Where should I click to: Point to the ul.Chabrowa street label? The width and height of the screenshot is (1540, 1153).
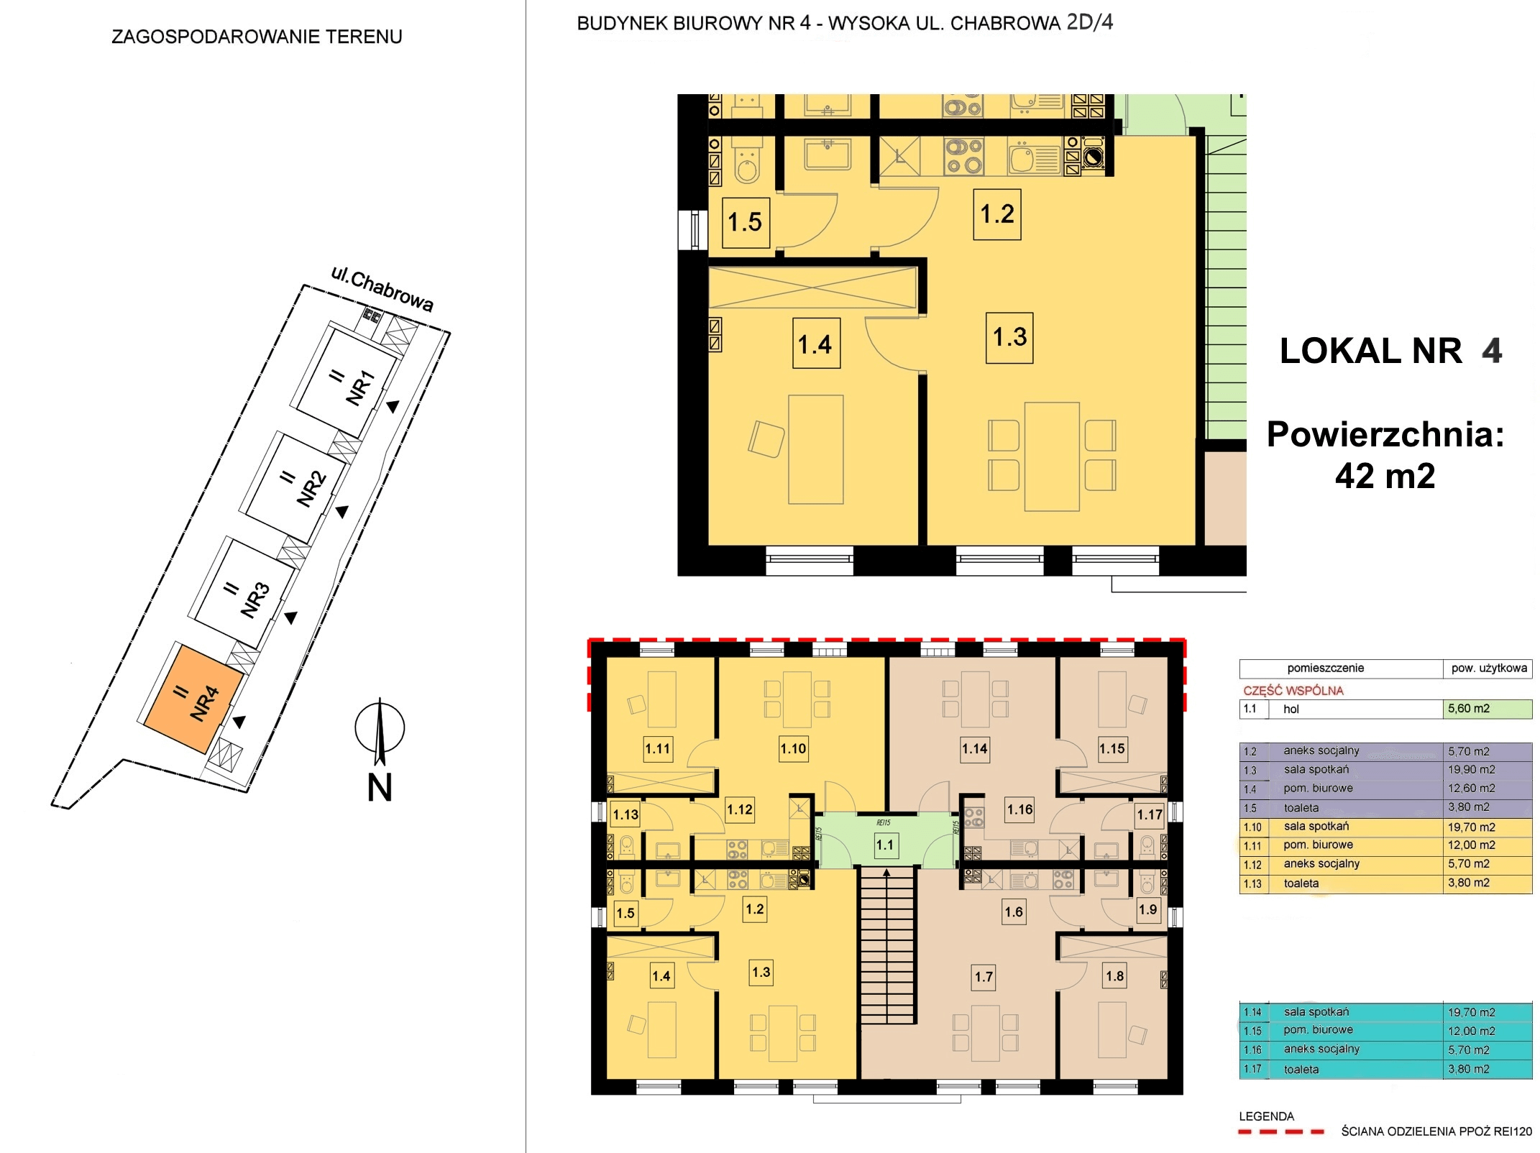point(382,289)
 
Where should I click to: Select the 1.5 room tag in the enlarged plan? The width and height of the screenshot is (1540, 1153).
point(746,223)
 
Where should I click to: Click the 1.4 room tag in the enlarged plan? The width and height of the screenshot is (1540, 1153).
point(816,344)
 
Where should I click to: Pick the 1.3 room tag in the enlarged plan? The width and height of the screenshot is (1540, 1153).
point(1009,337)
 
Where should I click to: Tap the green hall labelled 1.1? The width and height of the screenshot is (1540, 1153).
point(884,841)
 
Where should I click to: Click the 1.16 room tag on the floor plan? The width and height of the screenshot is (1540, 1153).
point(1019,809)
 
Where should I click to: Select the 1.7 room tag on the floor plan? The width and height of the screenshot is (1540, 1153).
point(984,977)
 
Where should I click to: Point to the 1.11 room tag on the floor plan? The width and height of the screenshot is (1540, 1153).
point(657,748)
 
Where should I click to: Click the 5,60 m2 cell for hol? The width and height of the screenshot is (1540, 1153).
point(1487,709)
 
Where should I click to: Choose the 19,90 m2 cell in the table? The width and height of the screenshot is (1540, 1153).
point(1487,770)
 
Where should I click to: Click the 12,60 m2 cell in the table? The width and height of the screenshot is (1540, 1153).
point(1487,789)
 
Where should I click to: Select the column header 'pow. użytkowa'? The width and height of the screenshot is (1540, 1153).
point(1488,669)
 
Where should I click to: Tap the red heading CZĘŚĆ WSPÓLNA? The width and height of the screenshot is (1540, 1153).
point(1293,691)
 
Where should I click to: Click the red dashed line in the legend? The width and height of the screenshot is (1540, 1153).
point(1281,1132)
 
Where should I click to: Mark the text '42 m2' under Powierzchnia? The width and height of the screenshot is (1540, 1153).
point(1385,476)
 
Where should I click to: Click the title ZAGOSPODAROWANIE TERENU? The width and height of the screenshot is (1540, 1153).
point(257,37)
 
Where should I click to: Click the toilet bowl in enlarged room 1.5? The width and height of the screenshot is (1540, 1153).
point(748,164)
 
